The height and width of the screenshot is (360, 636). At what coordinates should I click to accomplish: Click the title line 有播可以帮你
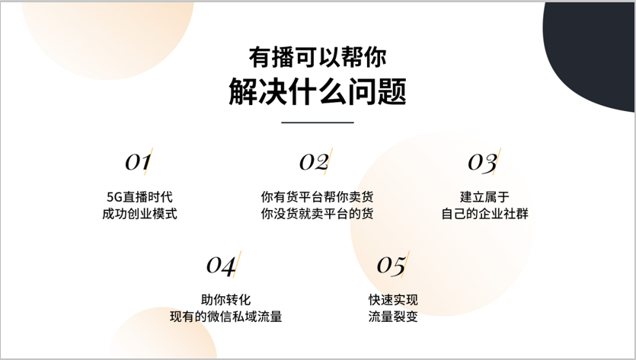coord(318,57)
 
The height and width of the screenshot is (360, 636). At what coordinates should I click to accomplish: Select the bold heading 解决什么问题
coord(318,91)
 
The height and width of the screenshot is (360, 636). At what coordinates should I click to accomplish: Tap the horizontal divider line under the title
coord(318,122)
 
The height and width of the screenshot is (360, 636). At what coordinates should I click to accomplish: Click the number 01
coord(138,162)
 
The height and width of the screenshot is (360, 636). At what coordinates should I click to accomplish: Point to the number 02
coord(315,162)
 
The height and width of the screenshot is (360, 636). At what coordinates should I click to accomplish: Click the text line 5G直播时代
coord(139,197)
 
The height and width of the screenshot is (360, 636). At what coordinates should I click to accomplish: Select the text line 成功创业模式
coord(139,214)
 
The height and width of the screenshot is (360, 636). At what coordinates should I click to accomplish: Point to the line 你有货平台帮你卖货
coord(317,197)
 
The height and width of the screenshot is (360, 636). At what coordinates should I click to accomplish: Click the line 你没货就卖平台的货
coord(317,214)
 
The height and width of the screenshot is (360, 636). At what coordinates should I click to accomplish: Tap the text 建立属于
coord(484,197)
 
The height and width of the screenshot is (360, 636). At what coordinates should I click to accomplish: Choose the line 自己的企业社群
coord(484,214)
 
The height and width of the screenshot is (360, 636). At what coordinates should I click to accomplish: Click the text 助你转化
coord(226,300)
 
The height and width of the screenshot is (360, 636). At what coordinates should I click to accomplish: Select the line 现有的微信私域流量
coord(226,317)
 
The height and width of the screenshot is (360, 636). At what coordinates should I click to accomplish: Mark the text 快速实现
coord(393,300)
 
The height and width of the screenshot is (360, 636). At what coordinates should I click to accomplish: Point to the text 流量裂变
coord(393,317)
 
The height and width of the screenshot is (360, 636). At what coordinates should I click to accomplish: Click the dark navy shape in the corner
coord(592,49)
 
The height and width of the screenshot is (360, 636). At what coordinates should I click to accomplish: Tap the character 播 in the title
coord(283,57)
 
